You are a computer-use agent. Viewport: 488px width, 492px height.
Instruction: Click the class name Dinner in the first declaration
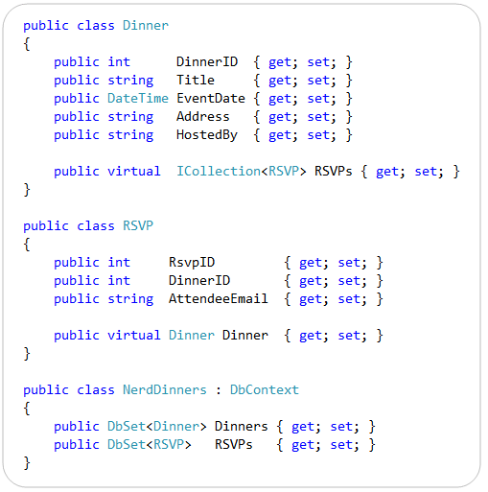(146, 25)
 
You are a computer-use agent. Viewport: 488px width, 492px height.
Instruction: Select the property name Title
(196, 80)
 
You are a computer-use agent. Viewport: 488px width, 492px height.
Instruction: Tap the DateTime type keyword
(138, 98)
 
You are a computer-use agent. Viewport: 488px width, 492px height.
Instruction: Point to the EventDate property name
(211, 98)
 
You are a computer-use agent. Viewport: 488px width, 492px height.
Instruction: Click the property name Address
(203, 116)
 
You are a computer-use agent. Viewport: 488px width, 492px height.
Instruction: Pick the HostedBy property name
(207, 135)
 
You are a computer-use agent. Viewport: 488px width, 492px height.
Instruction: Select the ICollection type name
(219, 171)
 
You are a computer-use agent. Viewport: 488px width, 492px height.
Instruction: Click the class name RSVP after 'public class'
(138, 225)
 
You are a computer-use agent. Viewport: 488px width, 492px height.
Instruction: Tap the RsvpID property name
(192, 263)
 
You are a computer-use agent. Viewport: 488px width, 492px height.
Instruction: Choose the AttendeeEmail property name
(219, 298)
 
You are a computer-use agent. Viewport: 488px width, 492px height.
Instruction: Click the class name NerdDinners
(165, 389)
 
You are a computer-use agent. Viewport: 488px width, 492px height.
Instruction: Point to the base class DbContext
(265, 389)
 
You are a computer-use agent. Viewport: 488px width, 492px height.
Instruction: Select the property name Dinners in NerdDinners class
(242, 426)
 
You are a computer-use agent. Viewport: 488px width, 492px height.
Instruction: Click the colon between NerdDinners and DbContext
(219, 390)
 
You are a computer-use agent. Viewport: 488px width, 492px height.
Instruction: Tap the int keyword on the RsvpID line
(119, 263)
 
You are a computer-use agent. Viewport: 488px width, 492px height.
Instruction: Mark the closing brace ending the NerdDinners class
(27, 463)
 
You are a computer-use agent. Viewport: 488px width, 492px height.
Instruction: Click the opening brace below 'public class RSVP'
(27, 245)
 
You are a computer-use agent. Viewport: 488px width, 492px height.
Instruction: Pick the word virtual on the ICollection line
(134, 171)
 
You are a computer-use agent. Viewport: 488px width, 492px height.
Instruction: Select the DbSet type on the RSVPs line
(127, 444)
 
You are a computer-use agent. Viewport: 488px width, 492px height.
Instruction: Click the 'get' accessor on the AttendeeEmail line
(311, 299)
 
